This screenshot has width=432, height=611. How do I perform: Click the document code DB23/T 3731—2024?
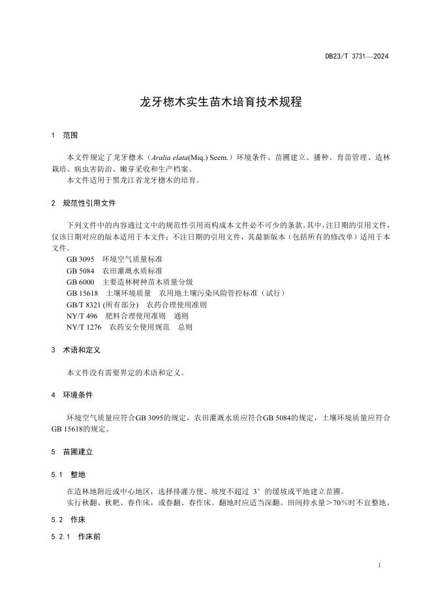pos(357,57)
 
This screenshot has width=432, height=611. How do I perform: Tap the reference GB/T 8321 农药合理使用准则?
pos(136,304)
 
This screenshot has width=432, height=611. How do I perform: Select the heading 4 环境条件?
pos(72,395)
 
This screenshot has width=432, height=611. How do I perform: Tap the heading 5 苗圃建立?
pos(72,451)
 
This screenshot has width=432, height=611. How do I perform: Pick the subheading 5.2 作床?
pos(68,520)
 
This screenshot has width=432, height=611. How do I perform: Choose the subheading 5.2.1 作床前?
pos(74,537)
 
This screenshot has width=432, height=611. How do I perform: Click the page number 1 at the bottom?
pos(379,565)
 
